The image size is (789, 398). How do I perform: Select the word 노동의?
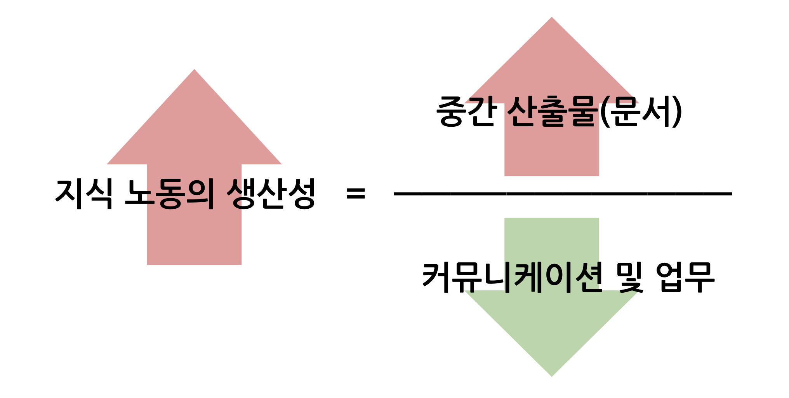(169, 193)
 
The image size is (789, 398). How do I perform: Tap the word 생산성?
(271, 193)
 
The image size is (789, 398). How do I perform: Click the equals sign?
(356, 193)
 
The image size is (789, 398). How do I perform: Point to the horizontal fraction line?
(563, 194)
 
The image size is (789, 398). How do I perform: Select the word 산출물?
(552, 112)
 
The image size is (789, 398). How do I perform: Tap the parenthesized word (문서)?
(641, 112)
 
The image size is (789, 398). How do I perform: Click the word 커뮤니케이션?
(513, 277)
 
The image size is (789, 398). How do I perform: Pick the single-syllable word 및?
(630, 277)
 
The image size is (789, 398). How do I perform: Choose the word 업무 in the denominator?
(685, 277)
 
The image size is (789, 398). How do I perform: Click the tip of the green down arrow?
(551, 375)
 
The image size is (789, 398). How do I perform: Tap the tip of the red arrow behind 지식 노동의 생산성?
(194, 71)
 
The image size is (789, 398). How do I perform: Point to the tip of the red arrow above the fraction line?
(551, 19)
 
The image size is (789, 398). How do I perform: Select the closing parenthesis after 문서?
(678, 112)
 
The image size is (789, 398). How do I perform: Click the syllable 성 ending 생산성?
(301, 193)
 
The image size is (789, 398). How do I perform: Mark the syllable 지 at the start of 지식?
(70, 193)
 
